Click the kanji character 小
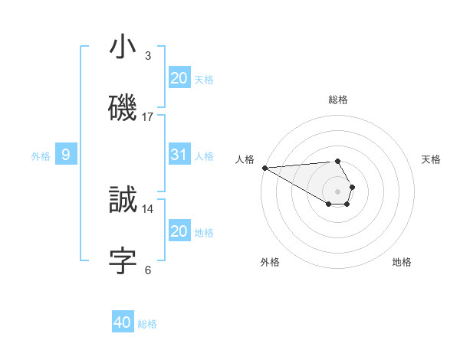(x=123, y=47)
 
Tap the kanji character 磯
(x=123, y=107)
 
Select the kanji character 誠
(x=123, y=200)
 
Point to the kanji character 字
(x=123, y=260)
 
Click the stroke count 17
(x=148, y=116)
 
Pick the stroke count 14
(x=148, y=208)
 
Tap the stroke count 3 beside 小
(x=148, y=55)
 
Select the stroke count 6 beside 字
(x=148, y=270)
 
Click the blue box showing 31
(x=179, y=155)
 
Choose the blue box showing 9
(x=66, y=155)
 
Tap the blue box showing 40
(x=123, y=322)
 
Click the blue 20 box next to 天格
(x=179, y=77)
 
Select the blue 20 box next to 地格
(x=179, y=231)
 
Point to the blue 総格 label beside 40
(x=147, y=324)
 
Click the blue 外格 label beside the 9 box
(x=41, y=156)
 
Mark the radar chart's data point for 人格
(x=264, y=168)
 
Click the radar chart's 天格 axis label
(x=431, y=159)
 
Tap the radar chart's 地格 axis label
(x=402, y=262)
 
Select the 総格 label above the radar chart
(x=338, y=100)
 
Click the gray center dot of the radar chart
(x=337, y=191)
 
